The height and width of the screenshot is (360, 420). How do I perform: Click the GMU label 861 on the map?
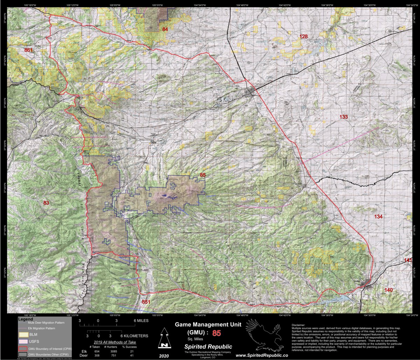coord(28,50)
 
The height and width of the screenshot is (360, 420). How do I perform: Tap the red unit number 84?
coord(165,29)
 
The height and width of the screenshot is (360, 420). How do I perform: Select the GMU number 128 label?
coord(303,37)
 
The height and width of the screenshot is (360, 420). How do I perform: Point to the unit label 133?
coord(343,117)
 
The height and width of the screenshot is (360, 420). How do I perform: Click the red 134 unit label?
coord(378,217)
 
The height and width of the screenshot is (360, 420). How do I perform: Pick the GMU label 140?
coord(388,290)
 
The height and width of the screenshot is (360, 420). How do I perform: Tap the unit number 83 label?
coord(46,203)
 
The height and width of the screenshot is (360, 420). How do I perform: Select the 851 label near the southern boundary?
coord(146,302)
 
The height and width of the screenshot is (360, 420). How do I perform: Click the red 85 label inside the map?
coord(203,175)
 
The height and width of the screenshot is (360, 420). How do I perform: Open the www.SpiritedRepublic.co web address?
coord(262,355)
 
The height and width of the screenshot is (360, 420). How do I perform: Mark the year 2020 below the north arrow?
coord(163,355)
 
